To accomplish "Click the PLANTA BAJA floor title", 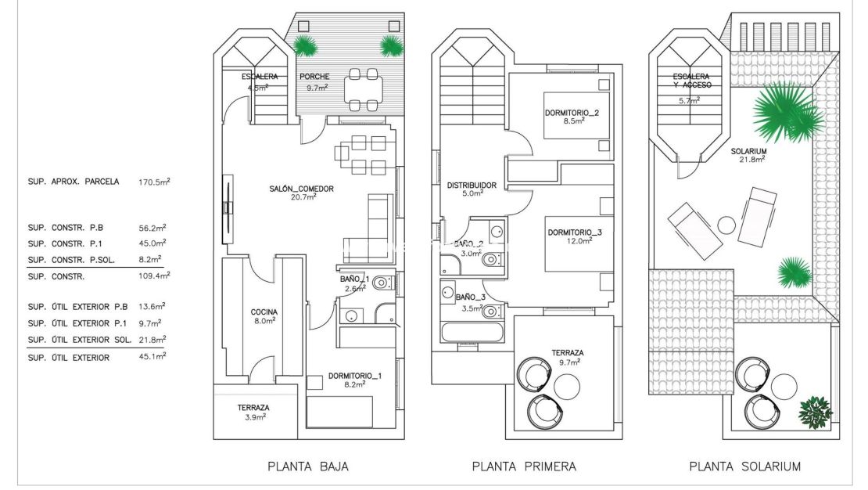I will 308,467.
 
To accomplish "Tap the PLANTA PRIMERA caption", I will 524,467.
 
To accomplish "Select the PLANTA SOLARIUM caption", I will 744,467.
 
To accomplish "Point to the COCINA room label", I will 264,312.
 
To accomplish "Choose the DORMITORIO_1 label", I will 355,376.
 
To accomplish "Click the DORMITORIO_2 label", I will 572,113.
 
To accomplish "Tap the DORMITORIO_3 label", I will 575,232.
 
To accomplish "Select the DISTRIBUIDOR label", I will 472,186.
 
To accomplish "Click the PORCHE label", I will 314,77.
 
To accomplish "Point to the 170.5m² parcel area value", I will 153,182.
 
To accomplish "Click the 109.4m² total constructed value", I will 153,276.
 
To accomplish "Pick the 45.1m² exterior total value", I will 153,357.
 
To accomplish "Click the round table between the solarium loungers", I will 726,225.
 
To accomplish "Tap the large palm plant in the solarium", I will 786,111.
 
